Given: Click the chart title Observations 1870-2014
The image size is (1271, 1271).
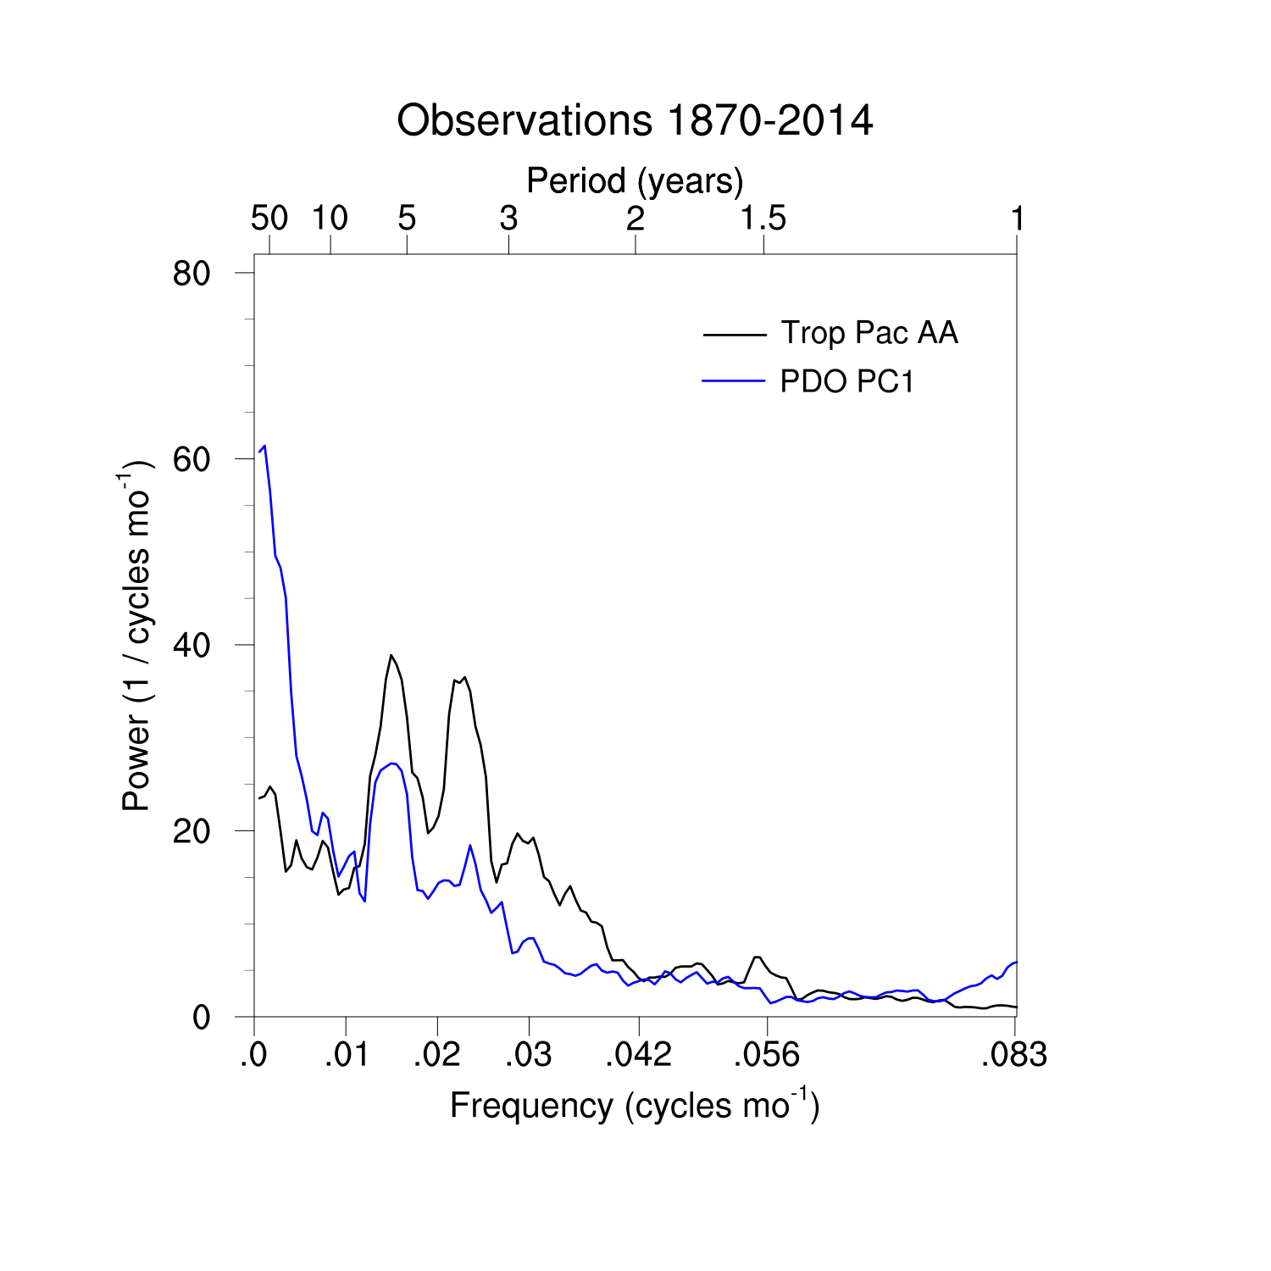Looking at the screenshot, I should coord(635,120).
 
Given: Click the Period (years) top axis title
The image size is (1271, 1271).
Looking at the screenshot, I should coord(635,180).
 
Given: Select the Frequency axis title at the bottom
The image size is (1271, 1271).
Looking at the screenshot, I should coord(635,1106).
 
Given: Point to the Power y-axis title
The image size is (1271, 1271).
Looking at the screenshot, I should coord(136,635).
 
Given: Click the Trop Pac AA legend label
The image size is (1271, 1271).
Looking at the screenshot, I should coord(869,333).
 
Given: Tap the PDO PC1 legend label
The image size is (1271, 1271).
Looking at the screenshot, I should coord(847,382).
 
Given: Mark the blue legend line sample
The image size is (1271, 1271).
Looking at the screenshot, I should coord(734,382).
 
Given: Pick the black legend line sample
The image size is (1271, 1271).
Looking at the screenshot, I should coord(734,334).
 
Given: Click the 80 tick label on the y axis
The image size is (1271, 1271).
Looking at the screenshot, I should coord(191,274).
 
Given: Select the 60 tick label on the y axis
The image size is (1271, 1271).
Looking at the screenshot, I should coord(191,459).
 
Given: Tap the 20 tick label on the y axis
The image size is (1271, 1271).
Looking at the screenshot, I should coord(191,831).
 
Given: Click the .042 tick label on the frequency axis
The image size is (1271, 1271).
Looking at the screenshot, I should coord(638,1055).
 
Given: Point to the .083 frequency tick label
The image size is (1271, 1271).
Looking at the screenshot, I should coord(1014,1055).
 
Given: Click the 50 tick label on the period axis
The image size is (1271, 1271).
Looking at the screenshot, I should coord(269,219).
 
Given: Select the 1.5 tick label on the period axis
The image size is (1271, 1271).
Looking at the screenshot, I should coord(763,219).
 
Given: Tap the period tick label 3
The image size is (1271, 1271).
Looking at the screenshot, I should coord(508,219).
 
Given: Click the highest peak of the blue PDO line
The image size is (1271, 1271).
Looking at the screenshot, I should coord(264,446).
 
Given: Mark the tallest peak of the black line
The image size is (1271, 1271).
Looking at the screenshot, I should coord(391,655).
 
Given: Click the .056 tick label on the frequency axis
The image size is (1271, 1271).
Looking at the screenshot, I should coord(766,1055).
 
